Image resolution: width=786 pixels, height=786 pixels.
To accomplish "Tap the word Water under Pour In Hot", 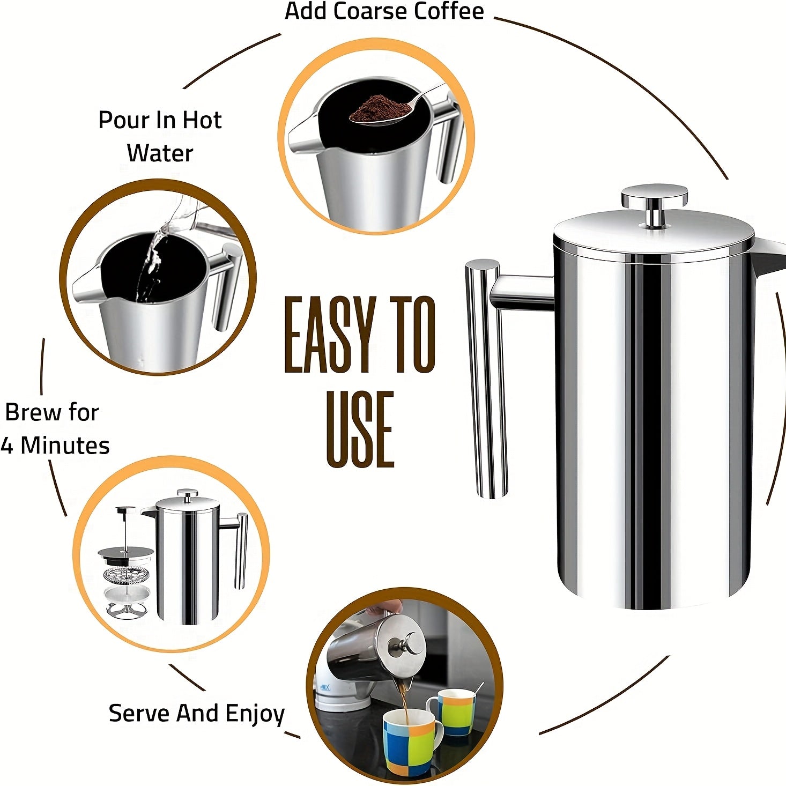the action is click(x=160, y=154).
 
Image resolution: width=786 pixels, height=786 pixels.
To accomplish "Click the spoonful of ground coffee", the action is click(x=380, y=108).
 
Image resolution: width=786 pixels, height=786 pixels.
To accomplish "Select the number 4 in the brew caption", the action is click(x=7, y=446).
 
